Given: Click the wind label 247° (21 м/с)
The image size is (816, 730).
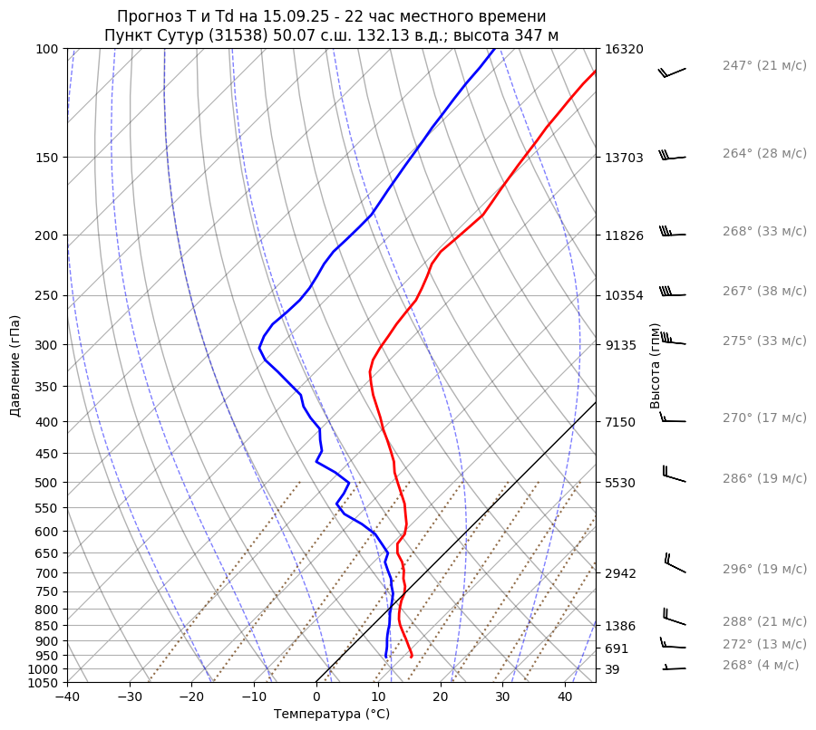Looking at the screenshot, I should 764,66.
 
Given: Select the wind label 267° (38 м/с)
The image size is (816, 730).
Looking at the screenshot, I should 764,292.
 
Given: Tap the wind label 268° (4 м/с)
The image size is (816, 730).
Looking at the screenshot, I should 761,665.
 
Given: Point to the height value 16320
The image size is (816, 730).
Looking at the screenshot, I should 624,50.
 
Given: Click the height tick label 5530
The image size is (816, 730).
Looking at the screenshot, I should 620,483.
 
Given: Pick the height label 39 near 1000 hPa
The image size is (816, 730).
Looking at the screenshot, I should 612,669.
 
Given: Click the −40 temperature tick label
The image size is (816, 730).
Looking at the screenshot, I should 67,697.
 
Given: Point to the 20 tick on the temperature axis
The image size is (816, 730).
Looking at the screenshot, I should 441,697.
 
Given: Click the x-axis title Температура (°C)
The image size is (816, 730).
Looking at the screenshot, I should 332,715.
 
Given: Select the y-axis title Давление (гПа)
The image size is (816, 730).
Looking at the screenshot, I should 15,366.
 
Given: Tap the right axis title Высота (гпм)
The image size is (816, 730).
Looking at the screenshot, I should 656,366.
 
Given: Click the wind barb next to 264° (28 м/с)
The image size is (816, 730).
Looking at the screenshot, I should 672,157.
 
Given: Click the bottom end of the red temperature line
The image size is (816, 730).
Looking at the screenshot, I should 412,656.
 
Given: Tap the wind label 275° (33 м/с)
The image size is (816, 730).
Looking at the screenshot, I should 764,341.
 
